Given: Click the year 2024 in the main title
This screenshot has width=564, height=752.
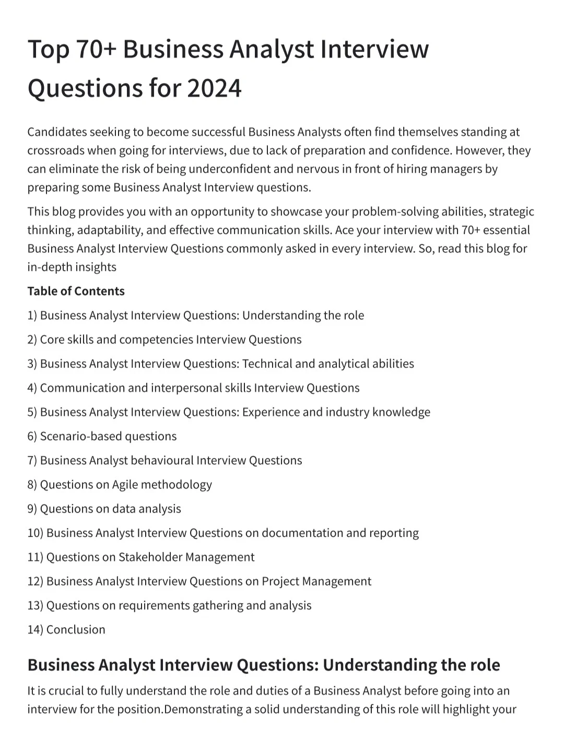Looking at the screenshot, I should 214,88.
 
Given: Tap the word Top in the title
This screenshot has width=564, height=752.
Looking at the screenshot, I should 48,50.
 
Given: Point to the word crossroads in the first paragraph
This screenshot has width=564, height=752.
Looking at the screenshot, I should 55,150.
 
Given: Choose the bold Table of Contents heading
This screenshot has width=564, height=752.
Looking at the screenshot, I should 76,291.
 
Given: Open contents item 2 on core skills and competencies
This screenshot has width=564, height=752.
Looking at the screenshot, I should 164,339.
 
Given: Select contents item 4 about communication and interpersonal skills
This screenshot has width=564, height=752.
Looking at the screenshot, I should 193,387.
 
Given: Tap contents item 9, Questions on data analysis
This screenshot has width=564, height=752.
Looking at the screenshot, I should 104,509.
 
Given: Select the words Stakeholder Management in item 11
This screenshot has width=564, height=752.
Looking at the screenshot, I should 186,557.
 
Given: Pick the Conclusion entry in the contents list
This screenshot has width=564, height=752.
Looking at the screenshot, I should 76,629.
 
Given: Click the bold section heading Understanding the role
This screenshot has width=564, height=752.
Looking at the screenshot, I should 411,665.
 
